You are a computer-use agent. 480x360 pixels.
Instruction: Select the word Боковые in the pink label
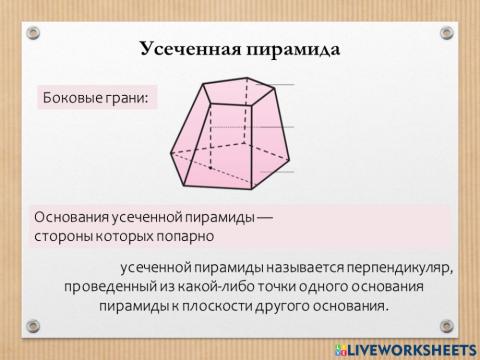click(x=72, y=98)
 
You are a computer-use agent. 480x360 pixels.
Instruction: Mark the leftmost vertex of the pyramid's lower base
click(x=170, y=152)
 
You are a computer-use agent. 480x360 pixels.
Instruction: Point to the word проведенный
click(x=105, y=287)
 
